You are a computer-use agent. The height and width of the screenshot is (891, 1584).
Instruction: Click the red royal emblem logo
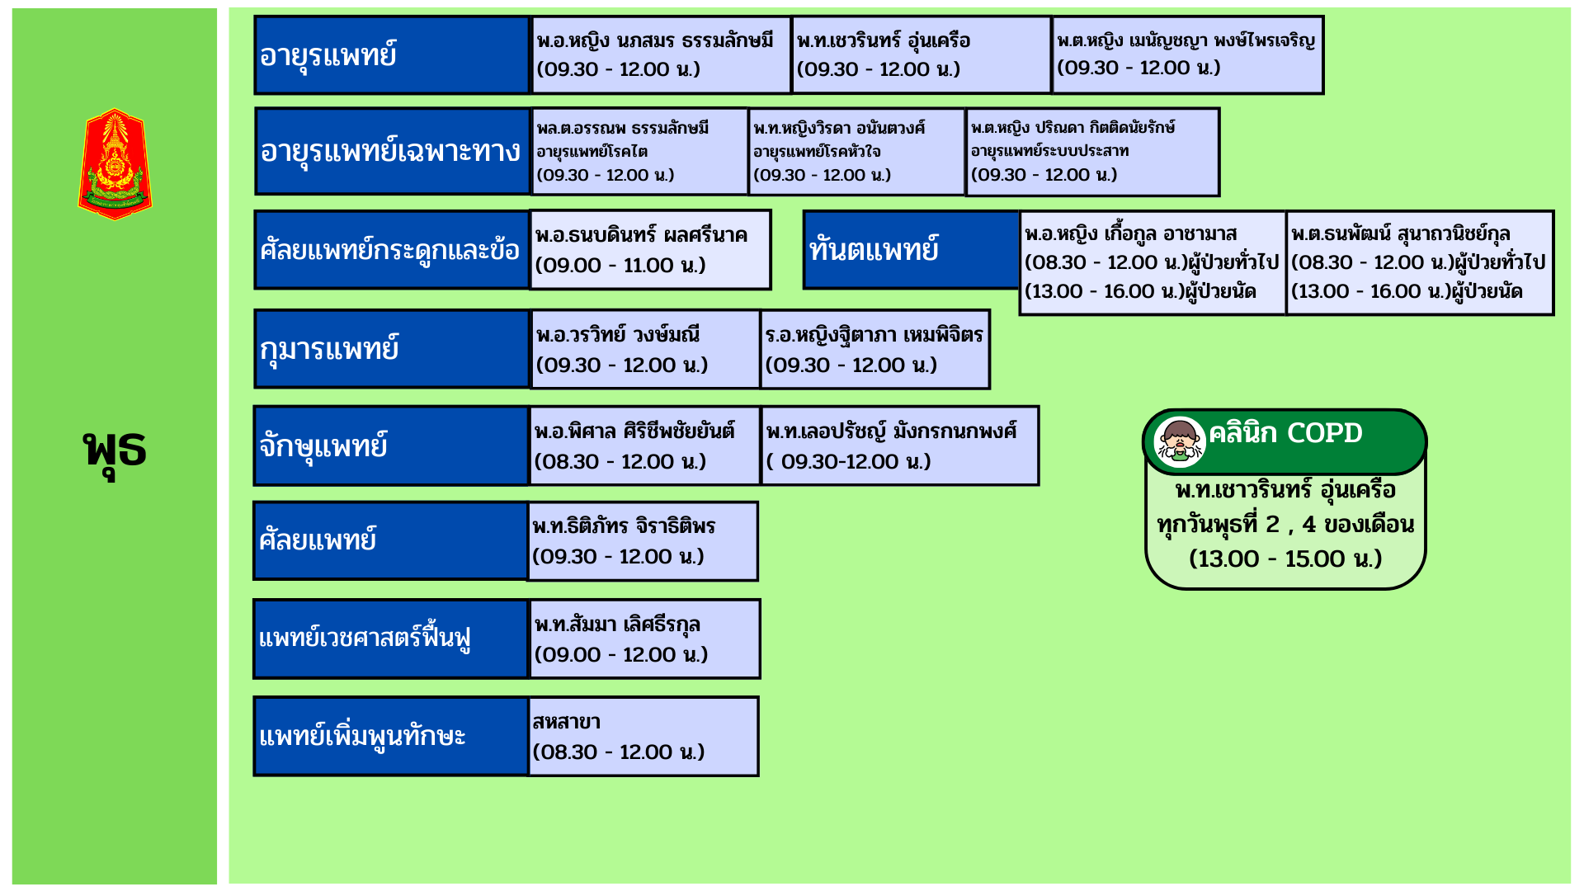(x=115, y=164)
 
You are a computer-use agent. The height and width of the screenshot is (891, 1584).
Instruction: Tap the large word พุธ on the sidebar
(x=115, y=450)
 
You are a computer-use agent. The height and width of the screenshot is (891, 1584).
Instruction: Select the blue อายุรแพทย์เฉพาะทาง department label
(x=392, y=152)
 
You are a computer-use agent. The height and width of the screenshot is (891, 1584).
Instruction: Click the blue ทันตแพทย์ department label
(x=911, y=249)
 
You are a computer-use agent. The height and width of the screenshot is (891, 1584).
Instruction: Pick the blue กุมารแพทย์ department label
(x=392, y=349)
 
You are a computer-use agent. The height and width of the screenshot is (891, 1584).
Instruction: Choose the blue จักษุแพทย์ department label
(x=391, y=445)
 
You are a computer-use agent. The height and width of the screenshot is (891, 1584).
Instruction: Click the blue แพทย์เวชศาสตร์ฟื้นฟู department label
(x=390, y=639)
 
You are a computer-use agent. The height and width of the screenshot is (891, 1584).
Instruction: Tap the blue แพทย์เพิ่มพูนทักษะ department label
(x=390, y=736)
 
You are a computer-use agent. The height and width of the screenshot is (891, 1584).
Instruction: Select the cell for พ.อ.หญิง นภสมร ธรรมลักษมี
(x=660, y=54)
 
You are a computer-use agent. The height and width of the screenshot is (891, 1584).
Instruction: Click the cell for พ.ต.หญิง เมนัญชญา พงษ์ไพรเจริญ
(x=1187, y=54)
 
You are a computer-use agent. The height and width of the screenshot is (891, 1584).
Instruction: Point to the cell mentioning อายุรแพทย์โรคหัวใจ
(x=856, y=152)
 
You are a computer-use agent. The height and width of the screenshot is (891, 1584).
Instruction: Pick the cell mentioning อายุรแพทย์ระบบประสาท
(x=1091, y=152)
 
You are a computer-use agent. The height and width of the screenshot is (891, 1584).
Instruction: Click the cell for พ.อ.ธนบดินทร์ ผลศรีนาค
(x=650, y=250)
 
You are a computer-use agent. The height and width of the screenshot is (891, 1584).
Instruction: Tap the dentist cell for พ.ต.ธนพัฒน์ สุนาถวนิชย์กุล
(x=1419, y=262)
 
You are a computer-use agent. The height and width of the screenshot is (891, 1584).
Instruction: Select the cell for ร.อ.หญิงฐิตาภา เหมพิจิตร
(x=874, y=349)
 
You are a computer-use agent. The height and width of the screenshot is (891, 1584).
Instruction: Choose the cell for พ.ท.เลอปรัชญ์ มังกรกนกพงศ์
(x=899, y=445)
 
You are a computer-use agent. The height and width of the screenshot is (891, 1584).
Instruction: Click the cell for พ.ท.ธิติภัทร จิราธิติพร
(x=643, y=541)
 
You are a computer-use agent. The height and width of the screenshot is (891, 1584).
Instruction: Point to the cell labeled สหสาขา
(x=643, y=736)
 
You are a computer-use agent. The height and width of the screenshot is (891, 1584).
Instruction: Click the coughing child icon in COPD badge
(x=1180, y=441)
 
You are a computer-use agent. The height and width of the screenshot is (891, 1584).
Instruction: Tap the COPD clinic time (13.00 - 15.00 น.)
(x=1285, y=559)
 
